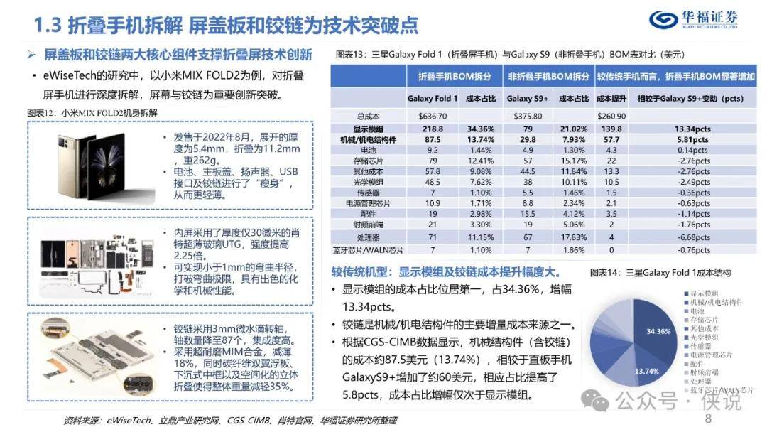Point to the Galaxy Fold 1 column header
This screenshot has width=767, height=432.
coord(432,99)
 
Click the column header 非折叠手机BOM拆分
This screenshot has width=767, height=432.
coord(548,77)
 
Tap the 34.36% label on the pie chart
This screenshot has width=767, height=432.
coord(658,331)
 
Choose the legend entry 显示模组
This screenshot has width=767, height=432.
coord(705,293)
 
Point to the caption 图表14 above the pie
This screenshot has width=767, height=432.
coord(660,272)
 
